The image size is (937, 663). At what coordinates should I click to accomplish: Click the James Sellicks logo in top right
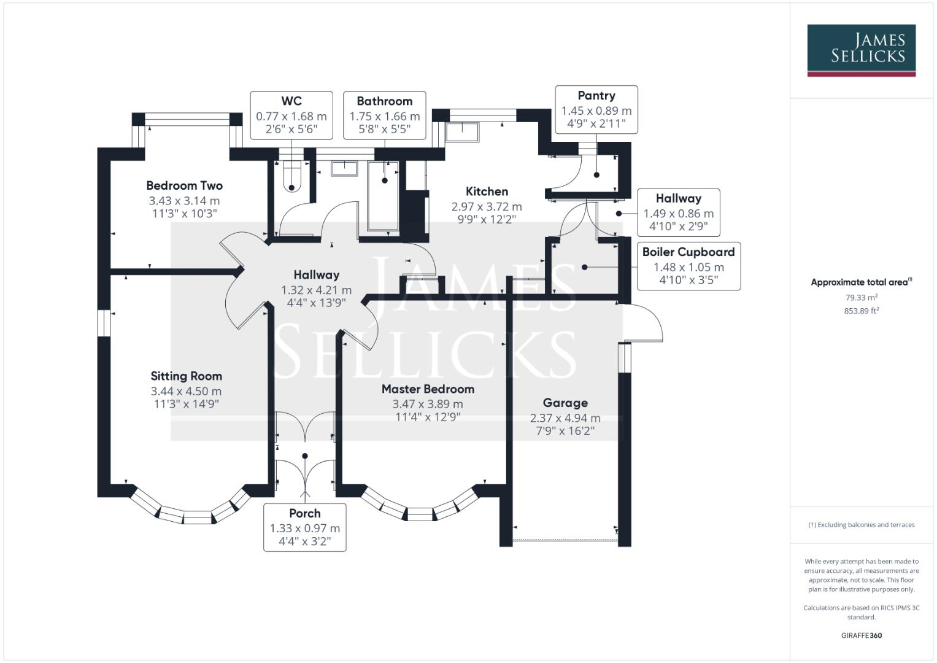pyautogui.click(x=861, y=50)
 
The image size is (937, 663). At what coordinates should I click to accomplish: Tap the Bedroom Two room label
pyautogui.click(x=184, y=185)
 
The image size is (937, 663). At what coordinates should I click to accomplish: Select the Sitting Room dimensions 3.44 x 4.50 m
pyautogui.click(x=186, y=391)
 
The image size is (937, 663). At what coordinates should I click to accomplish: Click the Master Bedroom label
pyautogui.click(x=428, y=389)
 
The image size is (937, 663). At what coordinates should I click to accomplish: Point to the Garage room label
pyautogui.click(x=565, y=403)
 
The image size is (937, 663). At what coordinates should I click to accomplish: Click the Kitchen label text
pyautogui.click(x=487, y=192)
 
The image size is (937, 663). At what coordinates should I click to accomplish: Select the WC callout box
pyautogui.click(x=291, y=115)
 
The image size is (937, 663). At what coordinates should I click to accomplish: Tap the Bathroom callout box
pyautogui.click(x=385, y=115)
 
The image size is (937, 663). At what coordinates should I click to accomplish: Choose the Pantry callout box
pyautogui.click(x=596, y=109)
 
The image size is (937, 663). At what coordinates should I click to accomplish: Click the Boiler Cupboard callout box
pyautogui.click(x=688, y=266)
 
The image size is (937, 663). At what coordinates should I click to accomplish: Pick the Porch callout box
pyautogui.click(x=305, y=527)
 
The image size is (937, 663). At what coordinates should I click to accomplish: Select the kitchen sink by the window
pyautogui.click(x=462, y=131)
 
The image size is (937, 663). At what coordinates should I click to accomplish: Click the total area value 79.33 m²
pyautogui.click(x=861, y=298)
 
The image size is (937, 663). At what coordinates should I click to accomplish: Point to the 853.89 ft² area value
pyautogui.click(x=861, y=311)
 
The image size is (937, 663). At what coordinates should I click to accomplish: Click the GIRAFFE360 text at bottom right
pyautogui.click(x=861, y=635)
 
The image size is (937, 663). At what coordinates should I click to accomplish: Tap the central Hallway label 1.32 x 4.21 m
pyautogui.click(x=316, y=290)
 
